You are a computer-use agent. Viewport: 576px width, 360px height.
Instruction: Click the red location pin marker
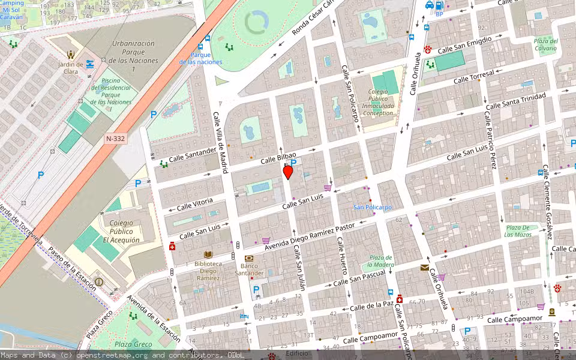tap(288, 172)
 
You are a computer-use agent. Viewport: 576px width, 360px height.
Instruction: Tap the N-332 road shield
tap(115, 139)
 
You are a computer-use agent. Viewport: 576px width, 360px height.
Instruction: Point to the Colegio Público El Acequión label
tap(121, 232)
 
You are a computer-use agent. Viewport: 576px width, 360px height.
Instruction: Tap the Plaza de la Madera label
tap(381, 260)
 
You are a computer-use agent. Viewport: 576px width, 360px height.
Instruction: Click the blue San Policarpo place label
tap(372, 207)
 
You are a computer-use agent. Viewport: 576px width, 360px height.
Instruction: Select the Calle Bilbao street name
tap(278, 158)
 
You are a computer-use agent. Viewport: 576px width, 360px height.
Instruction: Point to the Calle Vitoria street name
tap(195, 205)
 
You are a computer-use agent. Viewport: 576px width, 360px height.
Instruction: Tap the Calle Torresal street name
tap(474, 76)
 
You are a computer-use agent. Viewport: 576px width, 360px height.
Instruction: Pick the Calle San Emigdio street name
tap(464, 45)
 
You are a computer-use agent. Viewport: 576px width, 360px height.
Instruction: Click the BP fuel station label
tap(439, 14)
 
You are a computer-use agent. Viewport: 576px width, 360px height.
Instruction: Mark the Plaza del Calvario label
tap(546, 45)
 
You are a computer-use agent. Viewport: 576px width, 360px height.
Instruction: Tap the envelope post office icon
tap(425, 268)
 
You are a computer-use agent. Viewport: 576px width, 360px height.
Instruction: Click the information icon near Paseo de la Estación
tap(99, 282)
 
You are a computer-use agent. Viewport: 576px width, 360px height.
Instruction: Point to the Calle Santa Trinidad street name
tap(515, 101)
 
